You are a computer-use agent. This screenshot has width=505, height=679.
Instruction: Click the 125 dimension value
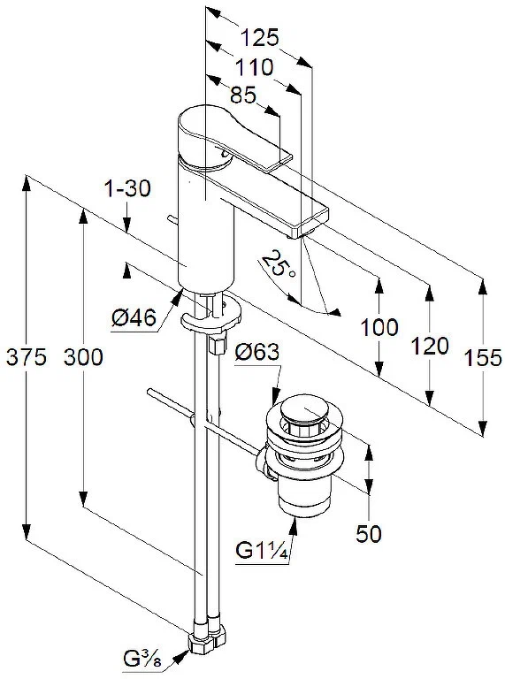260,38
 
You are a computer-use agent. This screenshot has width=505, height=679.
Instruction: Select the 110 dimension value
254,67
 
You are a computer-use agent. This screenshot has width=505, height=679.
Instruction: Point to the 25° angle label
279,264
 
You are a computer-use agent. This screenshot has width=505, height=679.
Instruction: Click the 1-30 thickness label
127,188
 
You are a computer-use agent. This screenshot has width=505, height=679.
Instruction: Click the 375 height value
23,357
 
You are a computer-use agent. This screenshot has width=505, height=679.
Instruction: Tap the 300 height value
83,357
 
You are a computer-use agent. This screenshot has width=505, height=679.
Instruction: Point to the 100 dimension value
379,327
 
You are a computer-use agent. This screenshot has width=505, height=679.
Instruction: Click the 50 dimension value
369,534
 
